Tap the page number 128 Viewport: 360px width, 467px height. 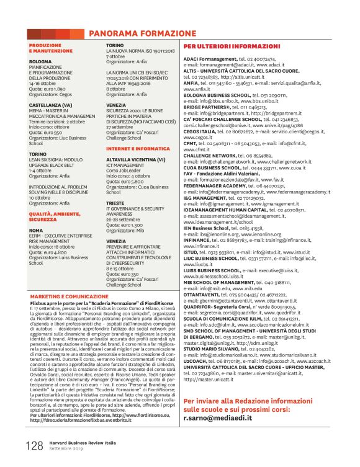point(34,445)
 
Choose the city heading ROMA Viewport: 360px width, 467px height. point(37,230)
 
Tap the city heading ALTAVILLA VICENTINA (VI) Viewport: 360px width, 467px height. point(140,160)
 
